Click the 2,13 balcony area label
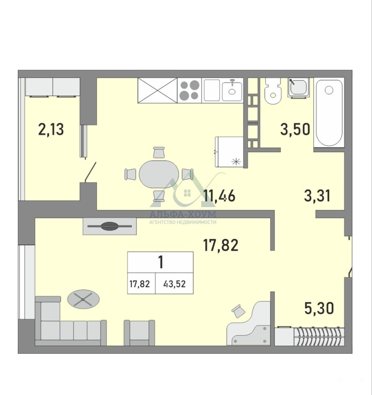pyautogui.click(x=51, y=129)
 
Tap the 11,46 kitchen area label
pyautogui.click(x=219, y=196)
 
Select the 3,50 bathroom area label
pyautogui.click(x=295, y=130)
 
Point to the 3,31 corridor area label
pyautogui.click(x=317, y=196)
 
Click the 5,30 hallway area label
pyautogui.click(x=319, y=308)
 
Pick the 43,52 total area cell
pyautogui.click(x=174, y=284)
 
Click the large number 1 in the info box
pyautogui.click(x=160, y=262)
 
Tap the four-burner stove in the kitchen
pyautogui.click(x=189, y=90)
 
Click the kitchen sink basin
pyautogui.click(x=232, y=91)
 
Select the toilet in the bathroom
pyautogui.click(x=273, y=91)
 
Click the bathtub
pyautogui.click(x=329, y=113)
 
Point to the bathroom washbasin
pyautogui.click(x=299, y=88)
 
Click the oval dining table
pyautogui.click(x=159, y=174)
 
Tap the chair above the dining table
pyautogui.click(x=159, y=152)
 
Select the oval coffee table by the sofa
pyautogui.click(x=83, y=299)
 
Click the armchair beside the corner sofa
pyautogui.click(x=140, y=333)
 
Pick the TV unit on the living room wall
pyautogui.click(x=110, y=226)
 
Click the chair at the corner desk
pyautogui.click(x=238, y=311)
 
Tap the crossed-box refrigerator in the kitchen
pyautogui.click(x=158, y=90)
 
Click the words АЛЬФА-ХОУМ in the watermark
pyautogui.click(x=183, y=214)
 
